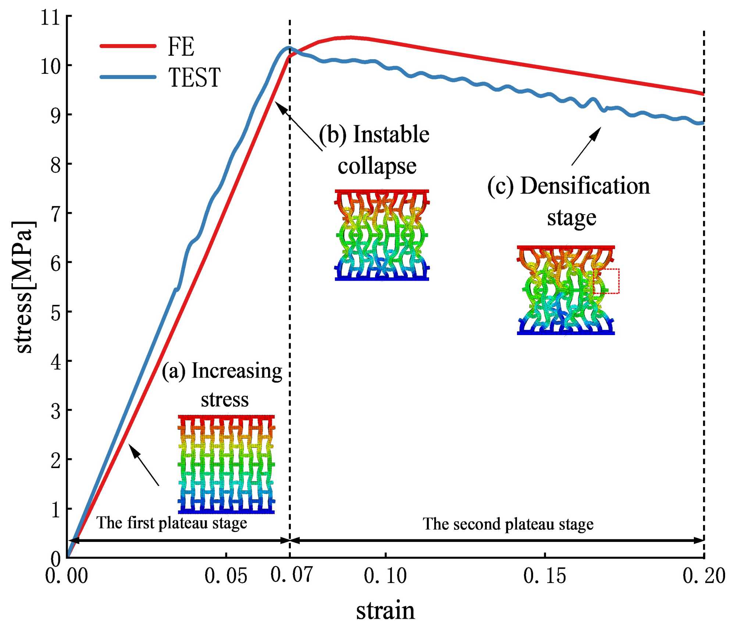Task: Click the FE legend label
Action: [x=181, y=47]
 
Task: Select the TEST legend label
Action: [x=194, y=78]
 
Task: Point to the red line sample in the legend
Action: [x=128, y=46]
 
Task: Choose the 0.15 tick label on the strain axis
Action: [x=545, y=576]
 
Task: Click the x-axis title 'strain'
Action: [x=385, y=611]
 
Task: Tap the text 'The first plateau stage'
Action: [x=172, y=523]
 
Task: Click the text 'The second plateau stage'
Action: [x=508, y=524]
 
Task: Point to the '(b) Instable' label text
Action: [x=374, y=134]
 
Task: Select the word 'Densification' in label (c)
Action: [x=585, y=186]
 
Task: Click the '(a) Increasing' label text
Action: [x=222, y=371]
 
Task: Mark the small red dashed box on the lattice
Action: [x=606, y=281]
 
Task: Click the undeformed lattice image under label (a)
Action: [x=226, y=464]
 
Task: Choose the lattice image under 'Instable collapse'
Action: [x=382, y=235]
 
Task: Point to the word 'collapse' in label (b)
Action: [x=377, y=166]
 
